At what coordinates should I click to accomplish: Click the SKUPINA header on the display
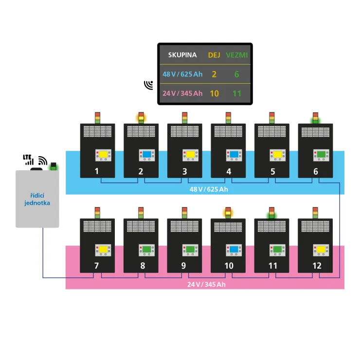pyautogui.click(x=182, y=55)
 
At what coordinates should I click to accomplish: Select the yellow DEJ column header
pyautogui.click(x=214, y=55)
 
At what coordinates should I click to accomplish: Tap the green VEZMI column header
pyautogui.click(x=237, y=55)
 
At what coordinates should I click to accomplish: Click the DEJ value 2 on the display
pyautogui.click(x=214, y=74)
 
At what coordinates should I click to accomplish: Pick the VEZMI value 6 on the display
pyautogui.click(x=237, y=74)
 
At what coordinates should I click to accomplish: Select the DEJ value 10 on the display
pyautogui.click(x=214, y=93)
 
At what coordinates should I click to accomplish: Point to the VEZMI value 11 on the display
pyautogui.click(x=237, y=93)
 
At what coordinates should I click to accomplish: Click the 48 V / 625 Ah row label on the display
pyautogui.click(x=182, y=74)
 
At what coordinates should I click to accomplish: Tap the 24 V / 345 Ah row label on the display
pyautogui.click(x=182, y=93)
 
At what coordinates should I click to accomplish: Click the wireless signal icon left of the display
pyautogui.click(x=148, y=86)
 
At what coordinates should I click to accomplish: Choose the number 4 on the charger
pyautogui.click(x=228, y=171)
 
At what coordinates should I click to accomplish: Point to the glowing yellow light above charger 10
pyautogui.click(x=228, y=212)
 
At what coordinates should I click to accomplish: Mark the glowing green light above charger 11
pyautogui.click(x=271, y=213)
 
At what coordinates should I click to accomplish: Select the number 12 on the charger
pyautogui.click(x=317, y=266)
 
